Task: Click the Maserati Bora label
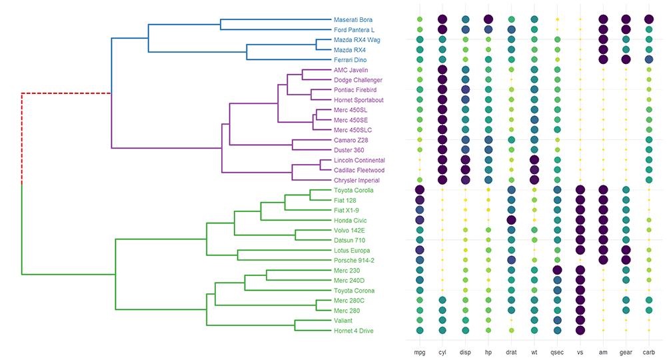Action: tap(352, 20)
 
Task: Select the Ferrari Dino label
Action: tap(350, 60)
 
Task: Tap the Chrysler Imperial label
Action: tap(356, 180)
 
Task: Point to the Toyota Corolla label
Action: tap(353, 190)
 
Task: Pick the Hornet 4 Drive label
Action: tap(353, 330)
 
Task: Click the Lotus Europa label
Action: tap(352, 250)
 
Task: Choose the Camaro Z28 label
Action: tap(351, 140)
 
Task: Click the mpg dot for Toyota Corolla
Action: tap(420, 190)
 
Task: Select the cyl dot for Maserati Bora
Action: tap(442, 20)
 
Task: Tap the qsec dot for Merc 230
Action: tap(557, 270)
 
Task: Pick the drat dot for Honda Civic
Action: tap(511, 220)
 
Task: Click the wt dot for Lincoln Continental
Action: tap(534, 160)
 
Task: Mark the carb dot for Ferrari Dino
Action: tap(648, 60)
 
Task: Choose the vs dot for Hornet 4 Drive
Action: tap(580, 330)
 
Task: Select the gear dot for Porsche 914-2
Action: tap(626, 260)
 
